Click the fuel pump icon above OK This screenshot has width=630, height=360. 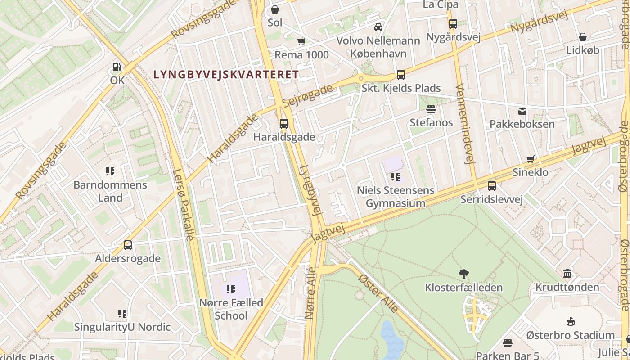click(117, 67)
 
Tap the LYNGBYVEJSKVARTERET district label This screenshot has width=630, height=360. click(226, 75)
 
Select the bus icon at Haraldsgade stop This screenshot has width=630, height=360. click(283, 124)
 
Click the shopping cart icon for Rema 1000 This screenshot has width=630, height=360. click(301, 42)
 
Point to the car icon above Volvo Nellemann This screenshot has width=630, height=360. click(378, 27)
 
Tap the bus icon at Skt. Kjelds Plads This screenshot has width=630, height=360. click(400, 75)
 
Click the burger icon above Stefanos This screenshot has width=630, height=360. click(431, 109)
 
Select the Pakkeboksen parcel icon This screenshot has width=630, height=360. click(522, 111)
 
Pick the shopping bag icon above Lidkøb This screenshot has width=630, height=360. click(582, 37)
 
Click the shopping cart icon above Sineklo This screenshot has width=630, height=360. click(531, 159)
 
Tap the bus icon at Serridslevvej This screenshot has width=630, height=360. click(491, 186)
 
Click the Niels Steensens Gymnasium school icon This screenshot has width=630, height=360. click(396, 177)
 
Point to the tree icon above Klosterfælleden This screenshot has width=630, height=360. click(463, 274)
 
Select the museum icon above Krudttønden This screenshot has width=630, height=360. click(567, 274)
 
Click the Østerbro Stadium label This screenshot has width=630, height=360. click(570, 335)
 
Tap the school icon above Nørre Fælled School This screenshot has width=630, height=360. click(231, 289)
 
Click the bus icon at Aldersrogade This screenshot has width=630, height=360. click(128, 245)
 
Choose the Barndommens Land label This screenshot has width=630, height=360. click(110, 191)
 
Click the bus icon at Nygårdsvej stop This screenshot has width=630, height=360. click(453, 24)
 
